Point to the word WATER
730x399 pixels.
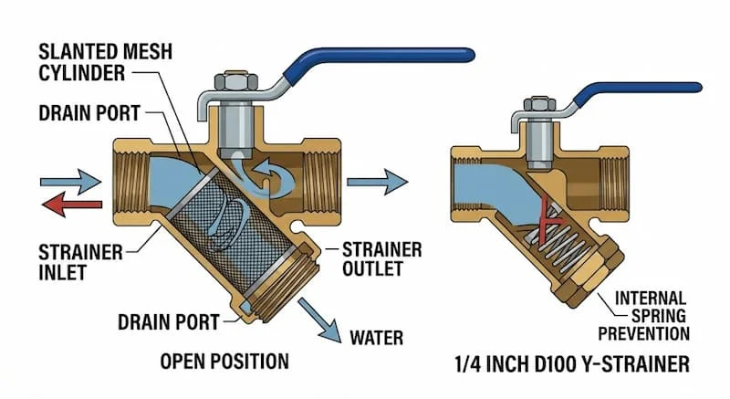click(376, 338)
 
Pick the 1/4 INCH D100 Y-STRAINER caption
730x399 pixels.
click(569, 366)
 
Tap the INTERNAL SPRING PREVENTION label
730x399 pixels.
click(652, 316)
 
